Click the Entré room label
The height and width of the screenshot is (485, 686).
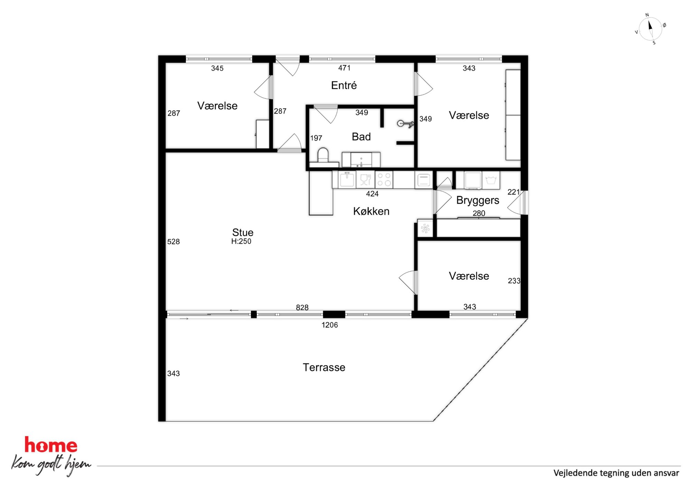click(344, 85)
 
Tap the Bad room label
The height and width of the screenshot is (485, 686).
click(361, 137)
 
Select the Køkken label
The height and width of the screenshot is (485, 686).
click(371, 211)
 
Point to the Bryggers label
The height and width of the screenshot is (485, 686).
click(478, 200)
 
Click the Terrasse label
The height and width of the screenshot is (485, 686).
click(324, 367)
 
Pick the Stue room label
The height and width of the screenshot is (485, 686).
click(243, 232)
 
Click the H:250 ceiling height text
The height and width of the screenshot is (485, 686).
click(241, 241)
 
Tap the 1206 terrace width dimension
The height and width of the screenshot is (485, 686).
click(330, 325)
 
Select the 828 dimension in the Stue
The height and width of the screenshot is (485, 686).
click(302, 307)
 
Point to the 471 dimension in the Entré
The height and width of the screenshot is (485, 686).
click(344, 68)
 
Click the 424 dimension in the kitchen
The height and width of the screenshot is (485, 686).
click(372, 194)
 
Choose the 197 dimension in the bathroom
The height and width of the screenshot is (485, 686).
click(316, 138)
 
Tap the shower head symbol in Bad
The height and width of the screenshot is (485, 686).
click(405, 124)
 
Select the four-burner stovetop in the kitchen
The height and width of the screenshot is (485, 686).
click(384, 180)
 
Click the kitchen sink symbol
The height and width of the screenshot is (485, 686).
click(347, 179)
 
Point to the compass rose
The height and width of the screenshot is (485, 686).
click(650, 29)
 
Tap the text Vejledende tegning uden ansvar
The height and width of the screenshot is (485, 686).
click(616, 473)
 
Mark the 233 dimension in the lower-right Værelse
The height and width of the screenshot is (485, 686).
click(514, 281)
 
